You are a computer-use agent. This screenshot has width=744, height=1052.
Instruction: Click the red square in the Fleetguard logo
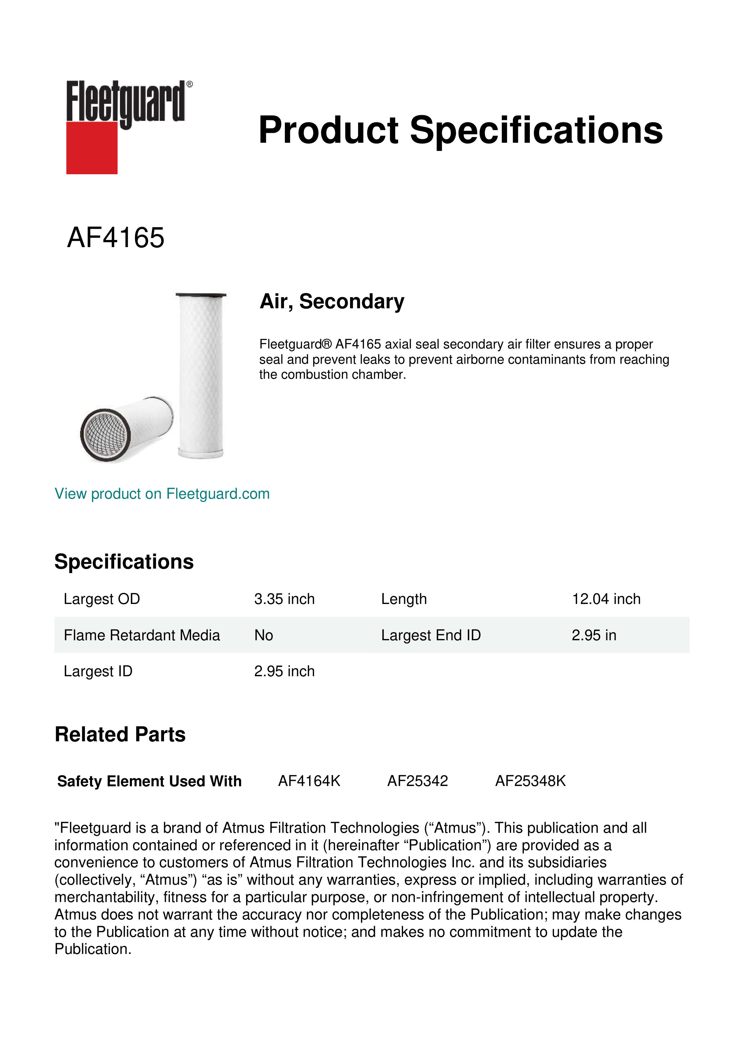92,148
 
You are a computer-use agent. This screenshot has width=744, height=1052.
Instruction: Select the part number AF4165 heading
115,238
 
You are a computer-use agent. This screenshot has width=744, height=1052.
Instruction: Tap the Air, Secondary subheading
332,301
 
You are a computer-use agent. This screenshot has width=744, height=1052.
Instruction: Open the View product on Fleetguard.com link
162,494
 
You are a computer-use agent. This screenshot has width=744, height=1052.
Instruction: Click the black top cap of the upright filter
201,294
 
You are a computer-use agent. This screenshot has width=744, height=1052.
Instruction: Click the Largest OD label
102,599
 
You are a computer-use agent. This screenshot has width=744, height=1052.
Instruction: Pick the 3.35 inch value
284,599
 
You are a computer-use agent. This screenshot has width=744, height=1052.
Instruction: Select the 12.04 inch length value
606,599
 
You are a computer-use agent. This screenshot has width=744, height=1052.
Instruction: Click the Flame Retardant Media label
142,635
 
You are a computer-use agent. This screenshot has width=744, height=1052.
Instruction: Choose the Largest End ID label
431,635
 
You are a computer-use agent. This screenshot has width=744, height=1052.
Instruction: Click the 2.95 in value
594,635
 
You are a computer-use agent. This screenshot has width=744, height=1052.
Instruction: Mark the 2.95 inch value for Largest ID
284,671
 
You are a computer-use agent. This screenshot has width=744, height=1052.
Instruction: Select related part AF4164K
309,781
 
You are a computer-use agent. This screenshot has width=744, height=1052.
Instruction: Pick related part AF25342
417,781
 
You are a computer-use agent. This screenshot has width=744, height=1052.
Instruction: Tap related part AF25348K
530,781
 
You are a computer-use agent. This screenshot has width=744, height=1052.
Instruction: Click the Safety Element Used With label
149,781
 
